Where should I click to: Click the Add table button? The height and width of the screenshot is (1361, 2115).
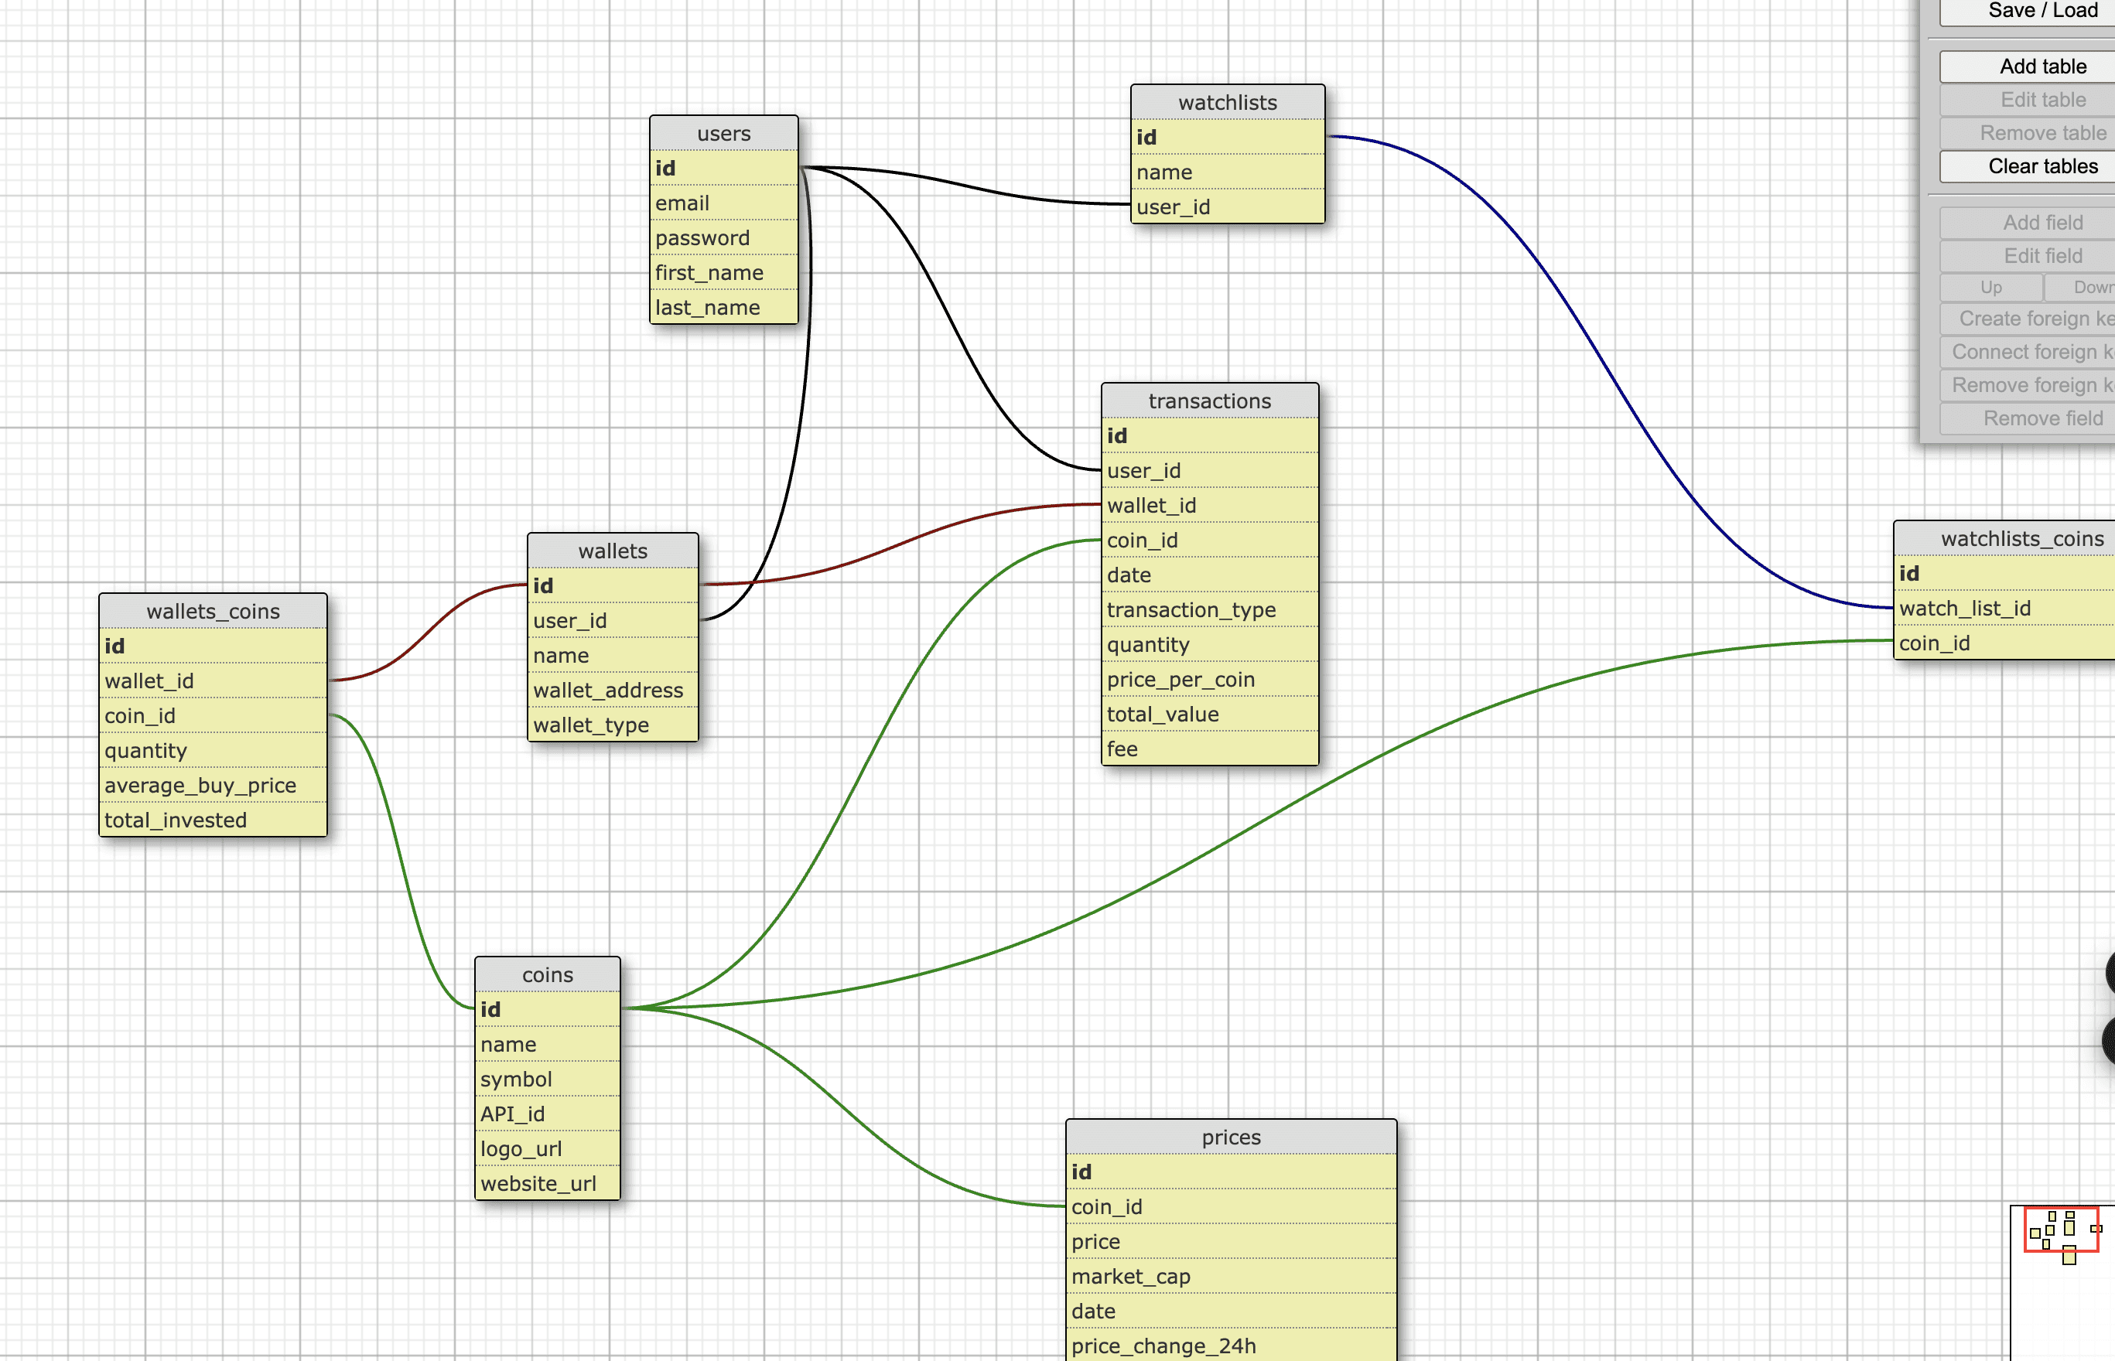point(2042,67)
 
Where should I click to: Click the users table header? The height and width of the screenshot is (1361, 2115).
point(723,134)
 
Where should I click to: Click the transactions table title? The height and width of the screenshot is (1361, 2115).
point(1209,401)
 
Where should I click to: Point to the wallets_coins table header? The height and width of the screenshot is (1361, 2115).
point(212,612)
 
